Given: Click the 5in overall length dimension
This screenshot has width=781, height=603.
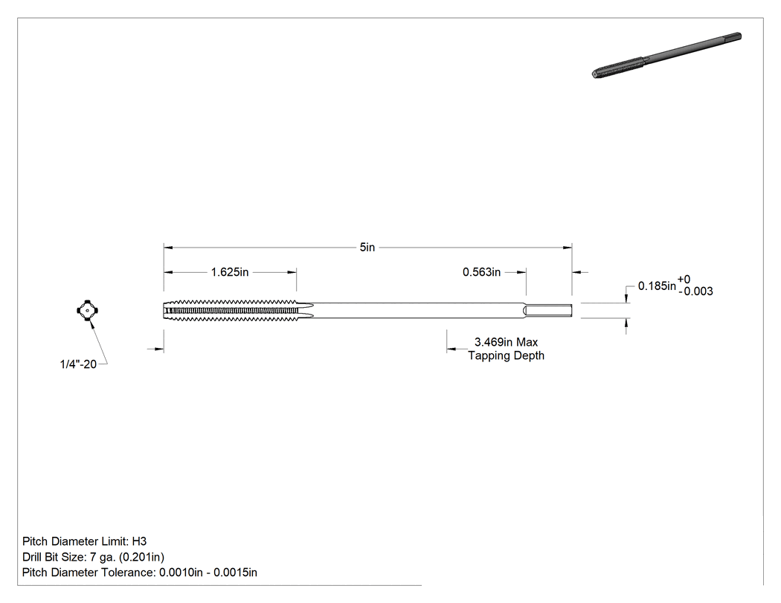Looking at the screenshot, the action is pos(367,248).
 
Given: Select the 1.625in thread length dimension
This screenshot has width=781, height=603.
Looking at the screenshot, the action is pos(230,272).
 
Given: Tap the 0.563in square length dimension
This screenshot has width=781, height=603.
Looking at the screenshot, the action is pos(482,272).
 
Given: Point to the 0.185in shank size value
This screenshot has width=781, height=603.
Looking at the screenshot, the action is pos(657,286).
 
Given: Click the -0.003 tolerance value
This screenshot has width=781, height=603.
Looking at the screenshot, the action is pos(695,291).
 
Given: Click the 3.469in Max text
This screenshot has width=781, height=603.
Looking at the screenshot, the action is pos(506,342).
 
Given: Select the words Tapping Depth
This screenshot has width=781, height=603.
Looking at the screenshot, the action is pos(506,355).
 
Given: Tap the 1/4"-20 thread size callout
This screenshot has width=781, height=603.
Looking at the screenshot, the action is pos(78,364).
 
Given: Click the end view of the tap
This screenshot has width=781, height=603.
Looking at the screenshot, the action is pos(87,311).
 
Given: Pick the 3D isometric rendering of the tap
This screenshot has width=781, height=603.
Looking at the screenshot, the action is pos(667,55).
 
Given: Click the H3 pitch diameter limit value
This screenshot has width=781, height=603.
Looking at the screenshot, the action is pos(140,541).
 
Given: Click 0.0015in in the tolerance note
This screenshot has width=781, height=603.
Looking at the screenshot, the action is pos(235,573).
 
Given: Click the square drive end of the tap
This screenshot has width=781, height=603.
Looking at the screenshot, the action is pos(549,311).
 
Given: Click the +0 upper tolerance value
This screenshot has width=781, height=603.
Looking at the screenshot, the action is pos(684,280).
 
